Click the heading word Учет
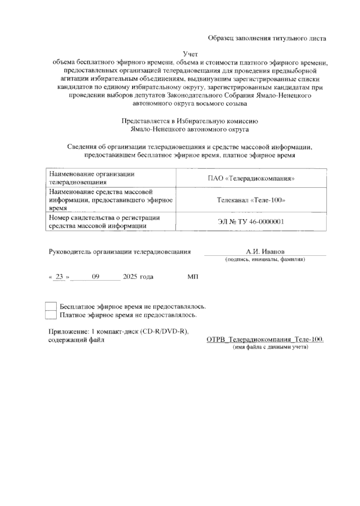point(191,54)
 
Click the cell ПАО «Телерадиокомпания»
point(251,178)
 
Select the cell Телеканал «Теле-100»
point(251,200)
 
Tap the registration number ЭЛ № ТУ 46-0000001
point(251,222)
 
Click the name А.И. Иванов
point(265,252)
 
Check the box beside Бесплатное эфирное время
point(51,307)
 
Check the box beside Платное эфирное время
point(51,315)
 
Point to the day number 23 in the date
point(59,277)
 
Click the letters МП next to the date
point(193,277)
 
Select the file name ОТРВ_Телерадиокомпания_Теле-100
point(265,340)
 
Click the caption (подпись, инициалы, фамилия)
point(265,259)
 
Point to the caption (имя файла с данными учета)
point(271,347)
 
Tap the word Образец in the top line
point(221,38)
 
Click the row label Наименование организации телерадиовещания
point(91,178)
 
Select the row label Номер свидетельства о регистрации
point(104,218)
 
